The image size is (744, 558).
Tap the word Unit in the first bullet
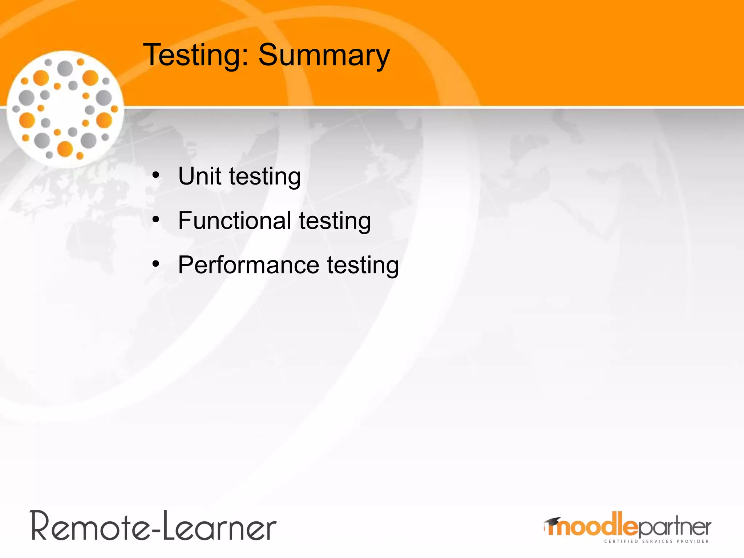point(199,176)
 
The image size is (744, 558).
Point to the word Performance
point(248,265)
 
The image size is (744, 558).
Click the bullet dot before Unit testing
point(156,175)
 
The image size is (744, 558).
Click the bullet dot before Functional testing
point(156,219)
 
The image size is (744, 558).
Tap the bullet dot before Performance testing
point(156,264)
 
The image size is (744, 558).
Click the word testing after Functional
point(335,221)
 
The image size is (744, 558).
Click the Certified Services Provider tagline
point(656,541)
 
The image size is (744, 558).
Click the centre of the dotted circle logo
point(65,109)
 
